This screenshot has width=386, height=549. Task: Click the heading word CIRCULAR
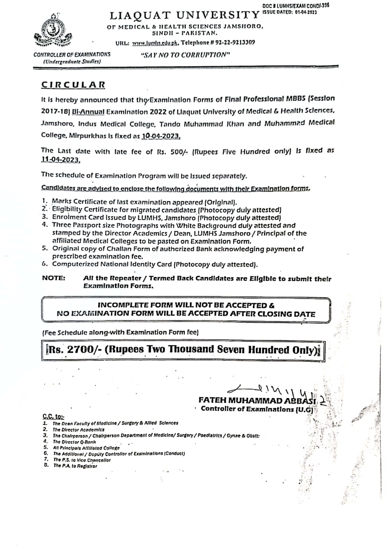[x=73, y=85]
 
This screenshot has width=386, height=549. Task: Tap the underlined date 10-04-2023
[x=161, y=136]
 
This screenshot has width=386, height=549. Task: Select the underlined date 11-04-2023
[x=60, y=160]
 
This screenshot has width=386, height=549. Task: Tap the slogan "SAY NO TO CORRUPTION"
[x=185, y=54]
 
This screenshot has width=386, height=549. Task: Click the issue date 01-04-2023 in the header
[x=306, y=12]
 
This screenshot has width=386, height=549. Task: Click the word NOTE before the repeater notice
[x=54, y=278]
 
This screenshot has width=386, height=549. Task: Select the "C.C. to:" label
[x=53, y=416]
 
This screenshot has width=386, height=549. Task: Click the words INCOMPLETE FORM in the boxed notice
[x=134, y=306]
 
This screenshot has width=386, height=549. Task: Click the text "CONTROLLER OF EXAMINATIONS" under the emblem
[x=72, y=54]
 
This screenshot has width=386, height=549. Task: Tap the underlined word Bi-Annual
[x=89, y=112]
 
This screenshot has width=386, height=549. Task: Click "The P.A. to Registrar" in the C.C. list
[x=75, y=466]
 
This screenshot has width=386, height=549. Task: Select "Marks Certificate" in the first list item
[x=75, y=202]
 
